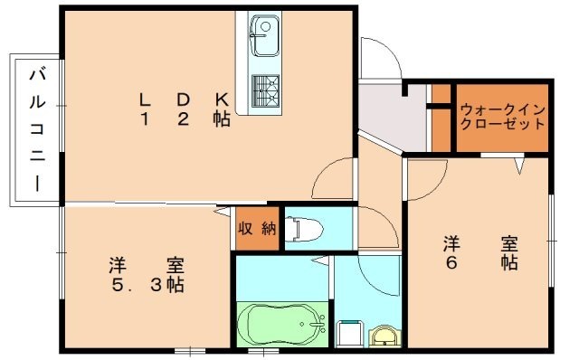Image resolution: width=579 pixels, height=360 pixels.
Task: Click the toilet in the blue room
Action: coord(303,229)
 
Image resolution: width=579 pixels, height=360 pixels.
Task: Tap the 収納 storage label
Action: coord(256,229)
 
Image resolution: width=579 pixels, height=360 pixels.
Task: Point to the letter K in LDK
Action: coord(221,98)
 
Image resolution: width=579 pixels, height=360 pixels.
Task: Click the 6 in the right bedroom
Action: coord(451,263)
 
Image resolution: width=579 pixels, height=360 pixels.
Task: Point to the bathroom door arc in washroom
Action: coord(373,271)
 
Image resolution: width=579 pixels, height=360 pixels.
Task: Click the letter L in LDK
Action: coord(144,98)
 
